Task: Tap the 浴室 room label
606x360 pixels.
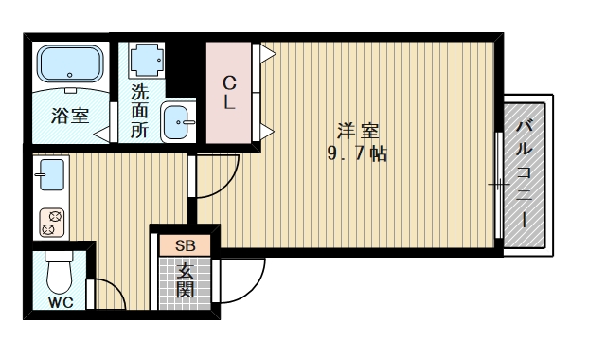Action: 70,117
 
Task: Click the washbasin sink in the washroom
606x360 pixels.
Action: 179,122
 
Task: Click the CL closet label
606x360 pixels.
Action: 229,93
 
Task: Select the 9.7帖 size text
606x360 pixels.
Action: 357,154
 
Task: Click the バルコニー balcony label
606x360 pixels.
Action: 524,173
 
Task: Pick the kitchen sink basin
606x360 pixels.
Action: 51,176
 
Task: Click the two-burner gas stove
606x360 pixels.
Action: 51,223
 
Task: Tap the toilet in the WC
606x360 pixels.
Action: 60,274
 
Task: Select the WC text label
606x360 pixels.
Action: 60,304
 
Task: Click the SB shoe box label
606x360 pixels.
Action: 185,245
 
